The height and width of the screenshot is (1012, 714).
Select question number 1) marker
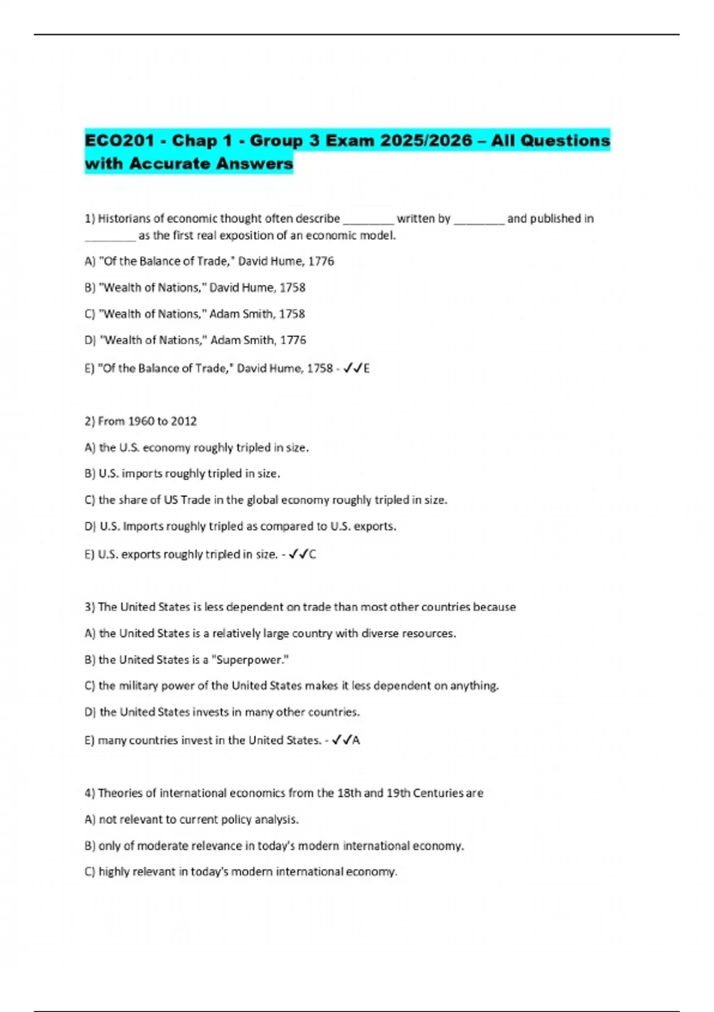point(90,218)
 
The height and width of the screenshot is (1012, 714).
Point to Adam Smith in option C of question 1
point(242,314)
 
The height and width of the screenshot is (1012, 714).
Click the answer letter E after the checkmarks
point(367,368)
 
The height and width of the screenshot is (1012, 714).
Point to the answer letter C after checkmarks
point(312,555)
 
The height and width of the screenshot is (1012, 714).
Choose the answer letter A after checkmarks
point(356,741)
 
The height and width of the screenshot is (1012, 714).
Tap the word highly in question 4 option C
point(114,872)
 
